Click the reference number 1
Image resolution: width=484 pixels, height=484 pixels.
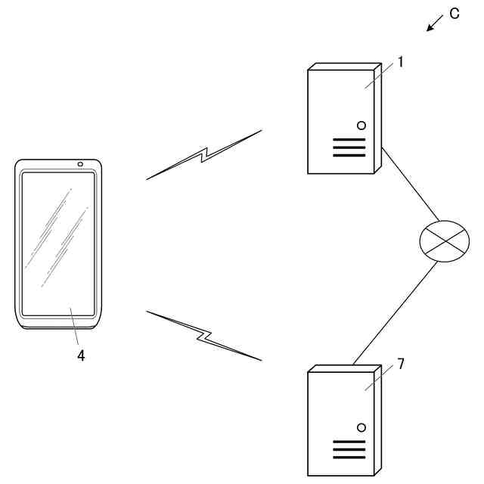(x=401, y=62)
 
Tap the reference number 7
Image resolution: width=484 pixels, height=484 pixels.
(x=401, y=364)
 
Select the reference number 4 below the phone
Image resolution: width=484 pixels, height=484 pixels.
(x=81, y=355)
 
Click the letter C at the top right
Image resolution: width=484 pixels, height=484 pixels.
(x=455, y=14)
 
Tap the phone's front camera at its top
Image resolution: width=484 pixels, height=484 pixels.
(x=80, y=164)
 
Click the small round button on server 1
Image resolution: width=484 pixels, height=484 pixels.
(x=361, y=125)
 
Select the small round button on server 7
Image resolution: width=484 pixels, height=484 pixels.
(x=361, y=427)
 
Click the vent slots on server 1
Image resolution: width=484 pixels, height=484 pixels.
(x=349, y=147)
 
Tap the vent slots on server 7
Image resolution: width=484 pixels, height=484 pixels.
(x=349, y=449)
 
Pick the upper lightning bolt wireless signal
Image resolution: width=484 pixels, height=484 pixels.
(x=204, y=155)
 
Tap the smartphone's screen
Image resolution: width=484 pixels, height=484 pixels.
(x=58, y=242)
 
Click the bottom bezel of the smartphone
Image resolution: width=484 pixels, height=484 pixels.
(x=58, y=322)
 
